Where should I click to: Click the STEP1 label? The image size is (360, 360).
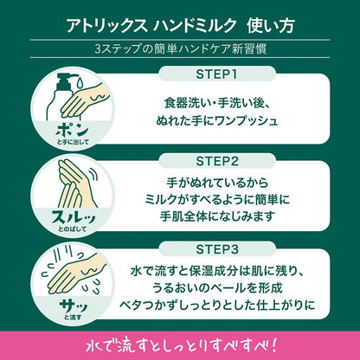pos(216,74)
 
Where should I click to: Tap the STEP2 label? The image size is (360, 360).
pos(217,161)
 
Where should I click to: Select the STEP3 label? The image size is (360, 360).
pos(217,249)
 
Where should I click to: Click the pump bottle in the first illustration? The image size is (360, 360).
pos(58,97)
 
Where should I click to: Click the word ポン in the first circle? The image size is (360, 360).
pos(72,131)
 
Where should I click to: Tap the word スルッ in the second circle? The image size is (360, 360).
pos(73,218)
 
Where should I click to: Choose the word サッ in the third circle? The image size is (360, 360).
pos(73,306)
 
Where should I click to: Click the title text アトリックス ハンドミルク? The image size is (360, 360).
pos(151,26)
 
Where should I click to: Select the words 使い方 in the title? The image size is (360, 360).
pos(271,26)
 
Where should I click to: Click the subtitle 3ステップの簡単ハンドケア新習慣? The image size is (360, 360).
pos(181,48)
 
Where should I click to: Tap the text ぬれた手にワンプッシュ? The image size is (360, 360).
pos(217,120)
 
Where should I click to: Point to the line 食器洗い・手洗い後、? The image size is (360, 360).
pos(217,103)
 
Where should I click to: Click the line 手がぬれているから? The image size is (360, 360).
pos(217,183)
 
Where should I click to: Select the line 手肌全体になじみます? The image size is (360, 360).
pos(216,216)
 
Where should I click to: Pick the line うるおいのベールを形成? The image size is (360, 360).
pos(217,288)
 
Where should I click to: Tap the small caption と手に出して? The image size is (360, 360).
pos(73,142)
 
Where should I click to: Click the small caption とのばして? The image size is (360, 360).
pos(73,230)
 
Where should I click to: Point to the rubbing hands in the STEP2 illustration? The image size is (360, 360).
pos(75,184)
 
